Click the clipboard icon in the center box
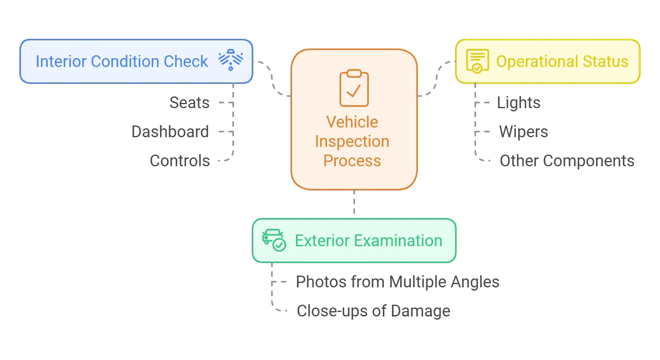(354, 88)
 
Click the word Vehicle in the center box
(352, 122)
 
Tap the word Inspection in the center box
(352, 141)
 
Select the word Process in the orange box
(352, 161)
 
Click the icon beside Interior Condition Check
(231, 60)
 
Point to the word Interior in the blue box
(61, 62)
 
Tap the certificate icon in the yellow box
(477, 61)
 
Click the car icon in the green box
(274, 240)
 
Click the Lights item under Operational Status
(519, 102)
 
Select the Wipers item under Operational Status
(523, 131)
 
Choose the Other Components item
(567, 160)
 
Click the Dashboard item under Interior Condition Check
(171, 131)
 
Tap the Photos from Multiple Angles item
(398, 281)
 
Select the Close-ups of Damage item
(374, 310)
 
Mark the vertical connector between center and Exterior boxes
(353, 203)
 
